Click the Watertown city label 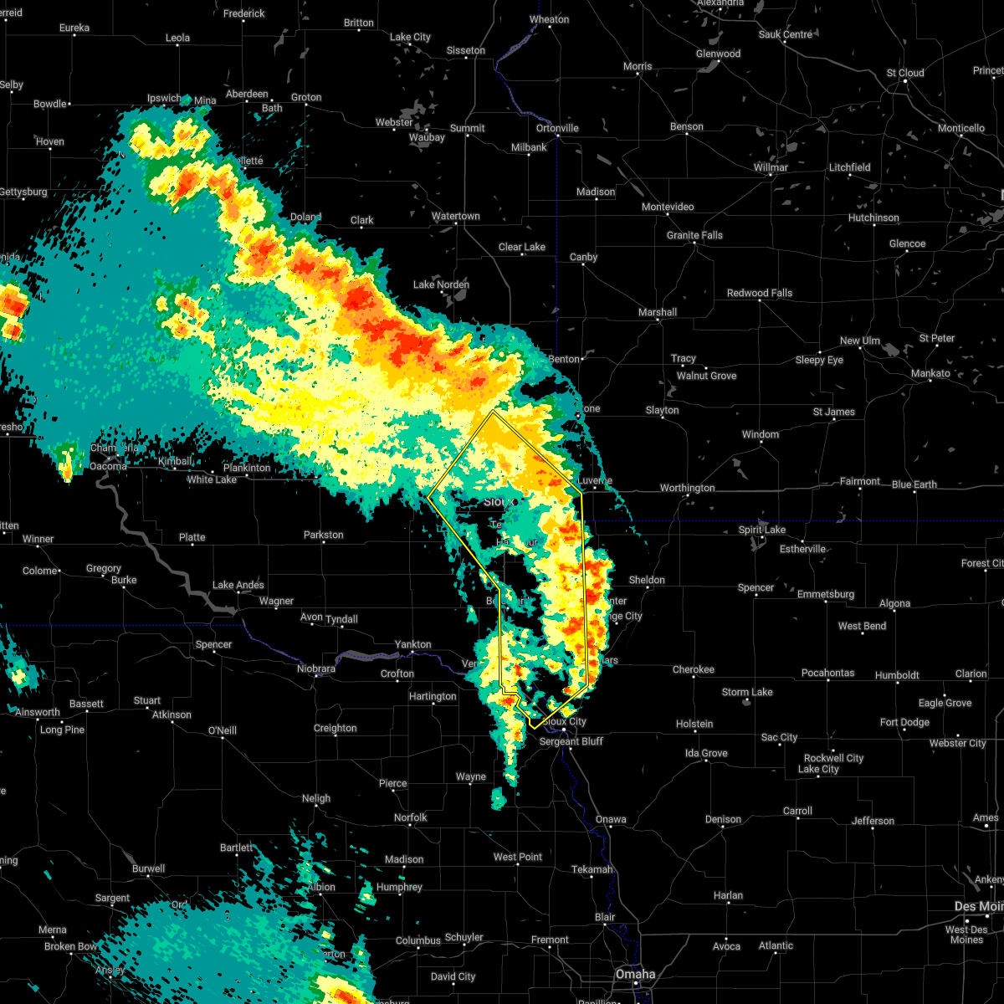click(x=455, y=217)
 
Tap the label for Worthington click(x=688, y=488)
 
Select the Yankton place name click(x=413, y=644)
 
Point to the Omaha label click(x=635, y=974)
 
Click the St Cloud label click(x=905, y=73)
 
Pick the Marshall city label click(x=658, y=312)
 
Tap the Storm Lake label click(x=747, y=692)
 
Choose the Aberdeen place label click(x=247, y=94)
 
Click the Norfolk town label click(x=410, y=817)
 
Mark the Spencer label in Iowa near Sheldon click(x=756, y=587)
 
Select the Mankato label click(x=930, y=373)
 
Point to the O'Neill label click(x=222, y=730)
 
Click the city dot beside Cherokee click(x=694, y=680)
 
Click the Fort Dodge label click(x=904, y=722)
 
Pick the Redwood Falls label click(x=760, y=293)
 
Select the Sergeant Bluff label click(x=571, y=741)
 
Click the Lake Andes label click(x=238, y=585)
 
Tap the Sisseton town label click(x=466, y=50)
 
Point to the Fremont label click(x=550, y=940)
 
